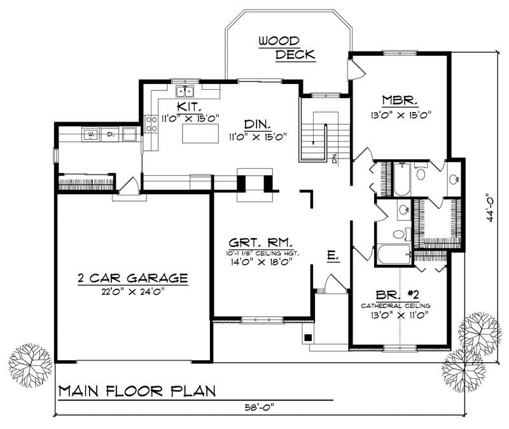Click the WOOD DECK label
click(x=286, y=48)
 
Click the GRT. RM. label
click(x=261, y=242)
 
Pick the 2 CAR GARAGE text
click(x=132, y=278)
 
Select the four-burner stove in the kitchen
click(x=151, y=123)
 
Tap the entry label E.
click(x=332, y=256)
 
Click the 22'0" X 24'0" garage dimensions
click(x=132, y=291)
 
